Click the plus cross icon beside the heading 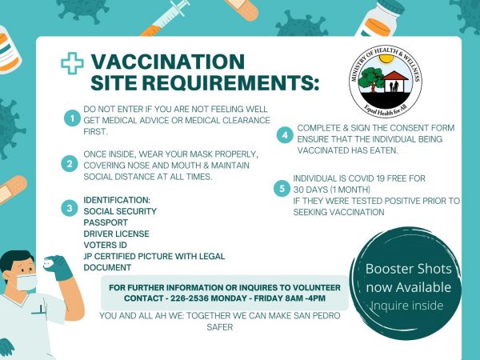pyautogui.click(x=72, y=63)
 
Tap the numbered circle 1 pyautogui.click(x=72, y=118)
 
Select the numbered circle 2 pyautogui.click(x=70, y=163)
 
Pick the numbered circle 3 pyautogui.click(x=70, y=208)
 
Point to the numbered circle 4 pyautogui.click(x=285, y=135)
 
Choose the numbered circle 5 pyautogui.click(x=282, y=188)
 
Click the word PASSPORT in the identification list pyautogui.click(x=106, y=222)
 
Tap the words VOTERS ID pyautogui.click(x=105, y=245)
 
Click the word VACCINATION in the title pyautogui.click(x=168, y=62)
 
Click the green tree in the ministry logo pyautogui.click(x=370, y=79)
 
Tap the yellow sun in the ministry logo pyautogui.click(x=386, y=58)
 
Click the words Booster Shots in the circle pyautogui.click(x=408, y=269)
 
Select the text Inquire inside pyautogui.click(x=407, y=306)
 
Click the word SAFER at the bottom pyautogui.click(x=220, y=327)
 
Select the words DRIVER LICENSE pyautogui.click(x=116, y=234)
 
